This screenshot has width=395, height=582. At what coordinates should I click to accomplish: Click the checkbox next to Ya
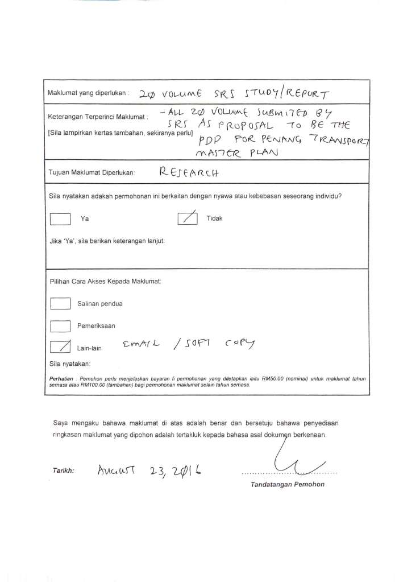tap(60, 219)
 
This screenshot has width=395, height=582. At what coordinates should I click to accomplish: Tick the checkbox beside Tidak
tap(188, 218)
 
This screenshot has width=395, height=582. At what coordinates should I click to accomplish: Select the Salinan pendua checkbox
tap(60, 304)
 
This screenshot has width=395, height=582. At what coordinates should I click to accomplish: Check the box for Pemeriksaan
tap(60, 325)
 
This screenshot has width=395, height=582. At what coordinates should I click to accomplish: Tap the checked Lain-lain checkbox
tap(60, 346)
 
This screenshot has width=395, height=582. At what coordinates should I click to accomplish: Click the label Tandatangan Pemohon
tap(288, 485)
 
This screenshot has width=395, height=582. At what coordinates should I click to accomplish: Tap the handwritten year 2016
tap(184, 471)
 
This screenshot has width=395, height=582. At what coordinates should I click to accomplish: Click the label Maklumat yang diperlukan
tap(89, 92)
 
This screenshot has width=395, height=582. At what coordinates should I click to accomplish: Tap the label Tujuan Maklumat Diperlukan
tap(92, 172)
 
